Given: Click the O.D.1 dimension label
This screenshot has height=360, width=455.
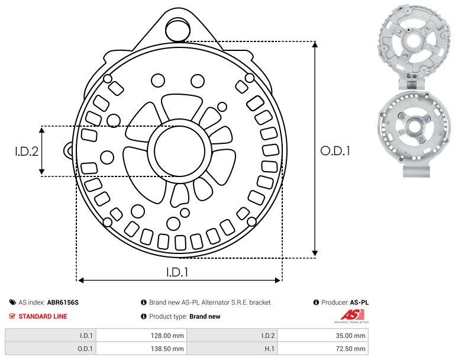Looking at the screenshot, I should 335,151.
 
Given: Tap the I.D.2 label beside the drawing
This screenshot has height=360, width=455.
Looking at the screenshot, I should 27,151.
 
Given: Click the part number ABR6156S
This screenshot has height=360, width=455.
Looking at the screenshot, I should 63,302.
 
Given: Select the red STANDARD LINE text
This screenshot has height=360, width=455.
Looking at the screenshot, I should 43,316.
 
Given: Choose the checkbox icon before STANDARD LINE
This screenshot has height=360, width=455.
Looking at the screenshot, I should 12,316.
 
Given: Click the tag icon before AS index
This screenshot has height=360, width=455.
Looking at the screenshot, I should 12,302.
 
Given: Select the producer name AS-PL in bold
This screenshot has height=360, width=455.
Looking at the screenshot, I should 359,302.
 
